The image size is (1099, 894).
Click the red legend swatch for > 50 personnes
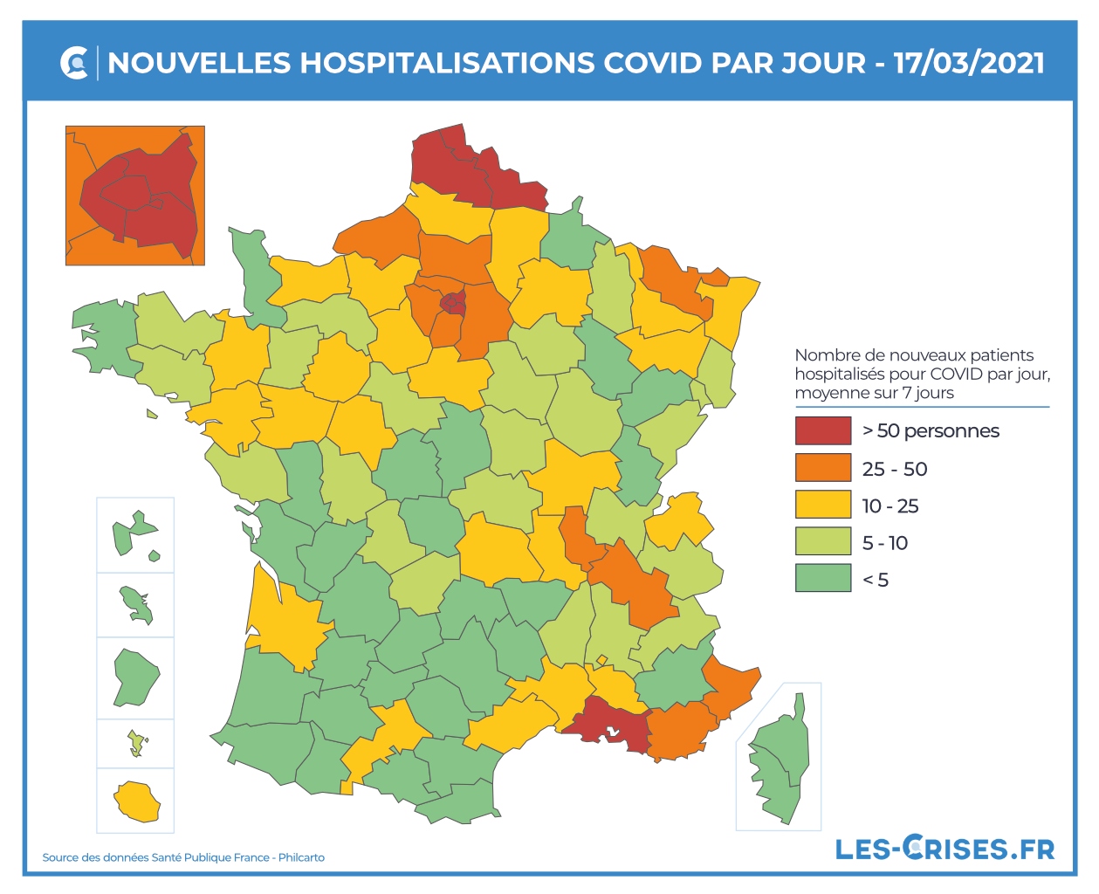pos(822,430)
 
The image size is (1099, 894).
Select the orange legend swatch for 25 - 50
pos(822,468)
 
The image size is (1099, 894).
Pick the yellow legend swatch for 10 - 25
pos(822,505)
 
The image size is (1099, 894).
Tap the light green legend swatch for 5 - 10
pos(822,541)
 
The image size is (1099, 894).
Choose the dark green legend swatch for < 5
pos(822,578)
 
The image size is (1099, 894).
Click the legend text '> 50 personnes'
pos(930,430)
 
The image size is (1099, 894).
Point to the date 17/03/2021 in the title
pos(969,63)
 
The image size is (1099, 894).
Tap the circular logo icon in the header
pos(75,63)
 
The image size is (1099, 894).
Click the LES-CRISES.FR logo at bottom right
pos(944,848)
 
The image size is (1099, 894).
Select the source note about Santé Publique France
pos(183,857)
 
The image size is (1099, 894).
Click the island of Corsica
pos(779,760)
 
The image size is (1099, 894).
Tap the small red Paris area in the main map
pos(453,303)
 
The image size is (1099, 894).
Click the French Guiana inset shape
pos(135,676)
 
